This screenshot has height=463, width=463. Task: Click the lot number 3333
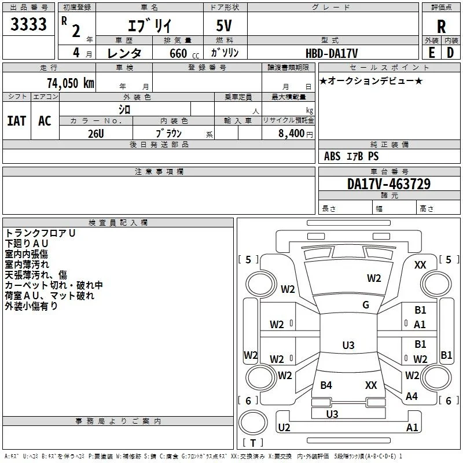click(28, 24)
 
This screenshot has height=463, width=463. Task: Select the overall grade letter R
click(441, 27)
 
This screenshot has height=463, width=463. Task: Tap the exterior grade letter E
click(431, 53)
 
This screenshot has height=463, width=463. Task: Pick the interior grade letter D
click(450, 53)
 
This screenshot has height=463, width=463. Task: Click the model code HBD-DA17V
click(332, 53)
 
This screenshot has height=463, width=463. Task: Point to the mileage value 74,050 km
click(71, 83)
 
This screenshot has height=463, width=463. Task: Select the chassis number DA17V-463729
click(389, 184)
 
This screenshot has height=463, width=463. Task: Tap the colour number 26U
click(96, 134)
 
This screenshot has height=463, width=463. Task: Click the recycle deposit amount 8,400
click(291, 133)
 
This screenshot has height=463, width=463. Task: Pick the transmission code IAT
click(17, 121)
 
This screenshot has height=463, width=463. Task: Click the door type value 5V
click(224, 25)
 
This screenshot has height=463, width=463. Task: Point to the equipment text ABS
click(332, 156)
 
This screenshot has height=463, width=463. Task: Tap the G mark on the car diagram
click(366, 305)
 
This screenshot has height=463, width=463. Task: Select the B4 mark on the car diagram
click(326, 385)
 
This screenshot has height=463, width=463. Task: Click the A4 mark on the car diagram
click(411, 396)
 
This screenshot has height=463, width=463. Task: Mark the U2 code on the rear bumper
click(284, 427)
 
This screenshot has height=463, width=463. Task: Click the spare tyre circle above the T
click(253, 422)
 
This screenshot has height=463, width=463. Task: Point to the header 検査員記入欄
click(118, 223)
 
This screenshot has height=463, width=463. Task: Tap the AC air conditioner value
click(45, 121)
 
